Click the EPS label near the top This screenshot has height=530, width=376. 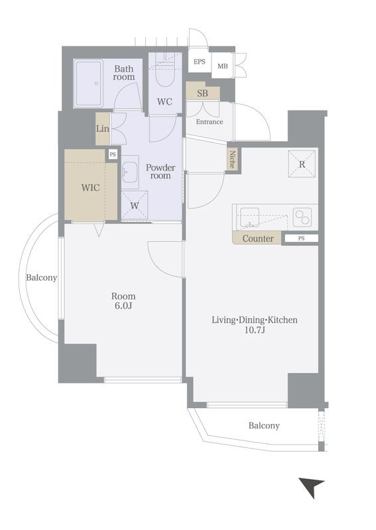(200, 62)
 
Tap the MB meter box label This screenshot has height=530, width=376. (223, 66)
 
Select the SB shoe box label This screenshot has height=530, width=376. (202, 93)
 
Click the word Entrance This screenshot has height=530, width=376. (210, 122)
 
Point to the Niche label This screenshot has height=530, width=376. (233, 159)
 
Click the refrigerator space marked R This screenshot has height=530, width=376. (302, 164)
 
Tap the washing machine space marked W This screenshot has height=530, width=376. (135, 205)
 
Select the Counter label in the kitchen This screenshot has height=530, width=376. (258, 238)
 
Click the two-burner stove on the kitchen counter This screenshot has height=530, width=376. (302, 217)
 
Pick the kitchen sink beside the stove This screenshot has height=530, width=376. (250, 217)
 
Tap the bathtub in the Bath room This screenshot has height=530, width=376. (88, 83)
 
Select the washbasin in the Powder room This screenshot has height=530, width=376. (130, 172)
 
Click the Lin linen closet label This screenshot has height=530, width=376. (103, 129)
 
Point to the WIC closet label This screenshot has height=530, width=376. (90, 187)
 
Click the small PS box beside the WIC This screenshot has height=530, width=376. (113, 155)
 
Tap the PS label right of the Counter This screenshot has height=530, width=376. (301, 238)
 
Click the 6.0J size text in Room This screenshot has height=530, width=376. (123, 306)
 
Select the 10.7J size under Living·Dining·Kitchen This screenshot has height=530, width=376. (255, 330)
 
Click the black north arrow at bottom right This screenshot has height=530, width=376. (312, 486)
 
